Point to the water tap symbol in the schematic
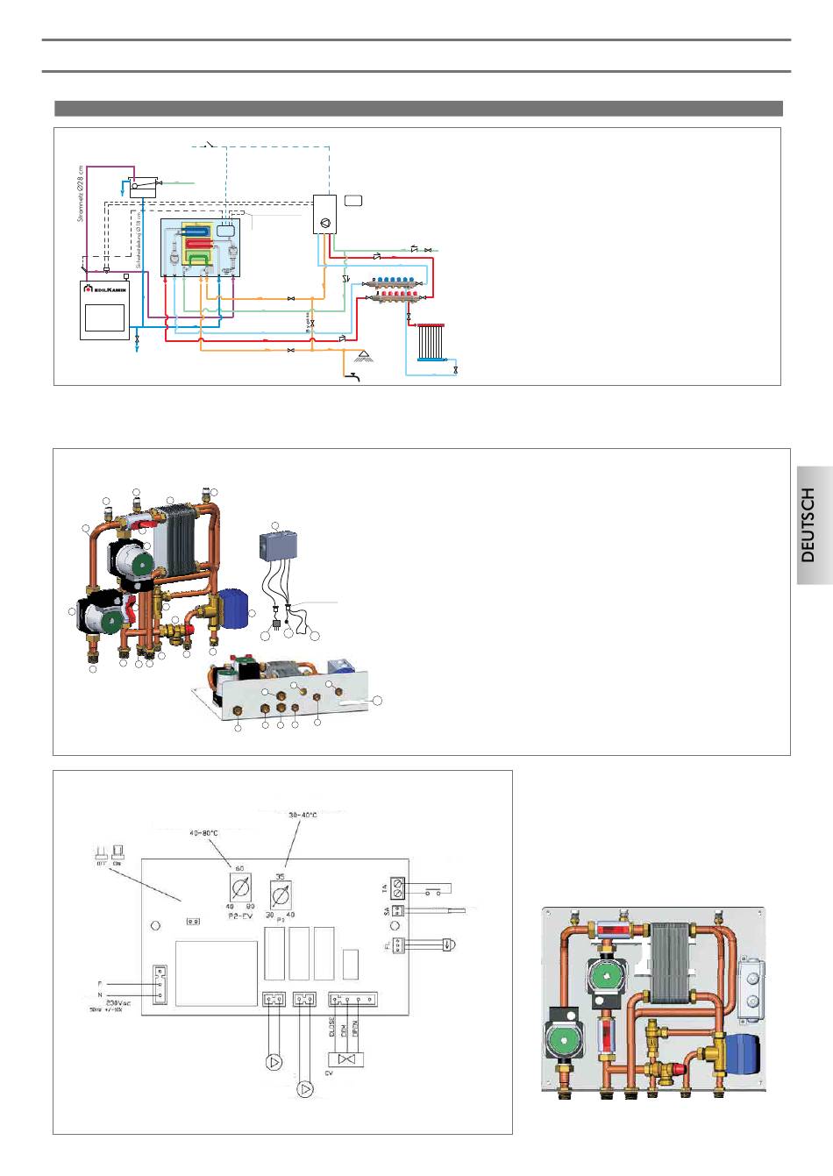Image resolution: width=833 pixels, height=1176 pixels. pyautogui.click(x=353, y=377)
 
